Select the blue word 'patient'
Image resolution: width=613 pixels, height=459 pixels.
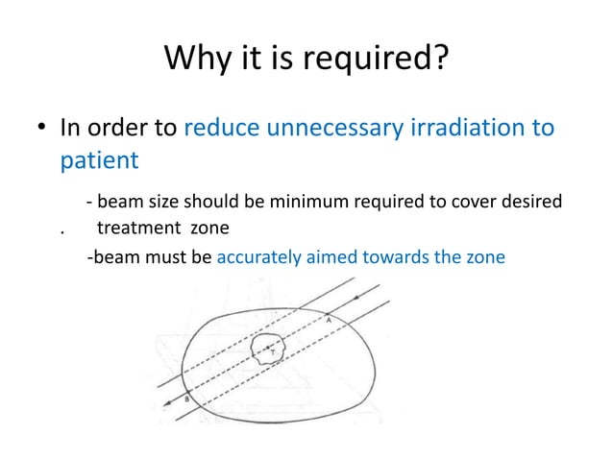click(100, 159)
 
